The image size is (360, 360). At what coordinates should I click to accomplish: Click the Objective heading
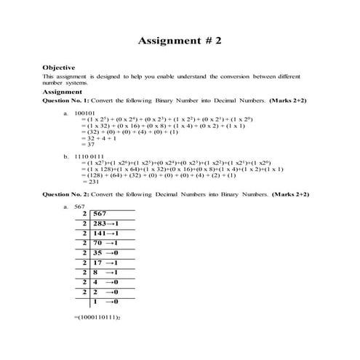coord(58,68)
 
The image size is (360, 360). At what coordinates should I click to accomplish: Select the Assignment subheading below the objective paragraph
coord(62,92)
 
